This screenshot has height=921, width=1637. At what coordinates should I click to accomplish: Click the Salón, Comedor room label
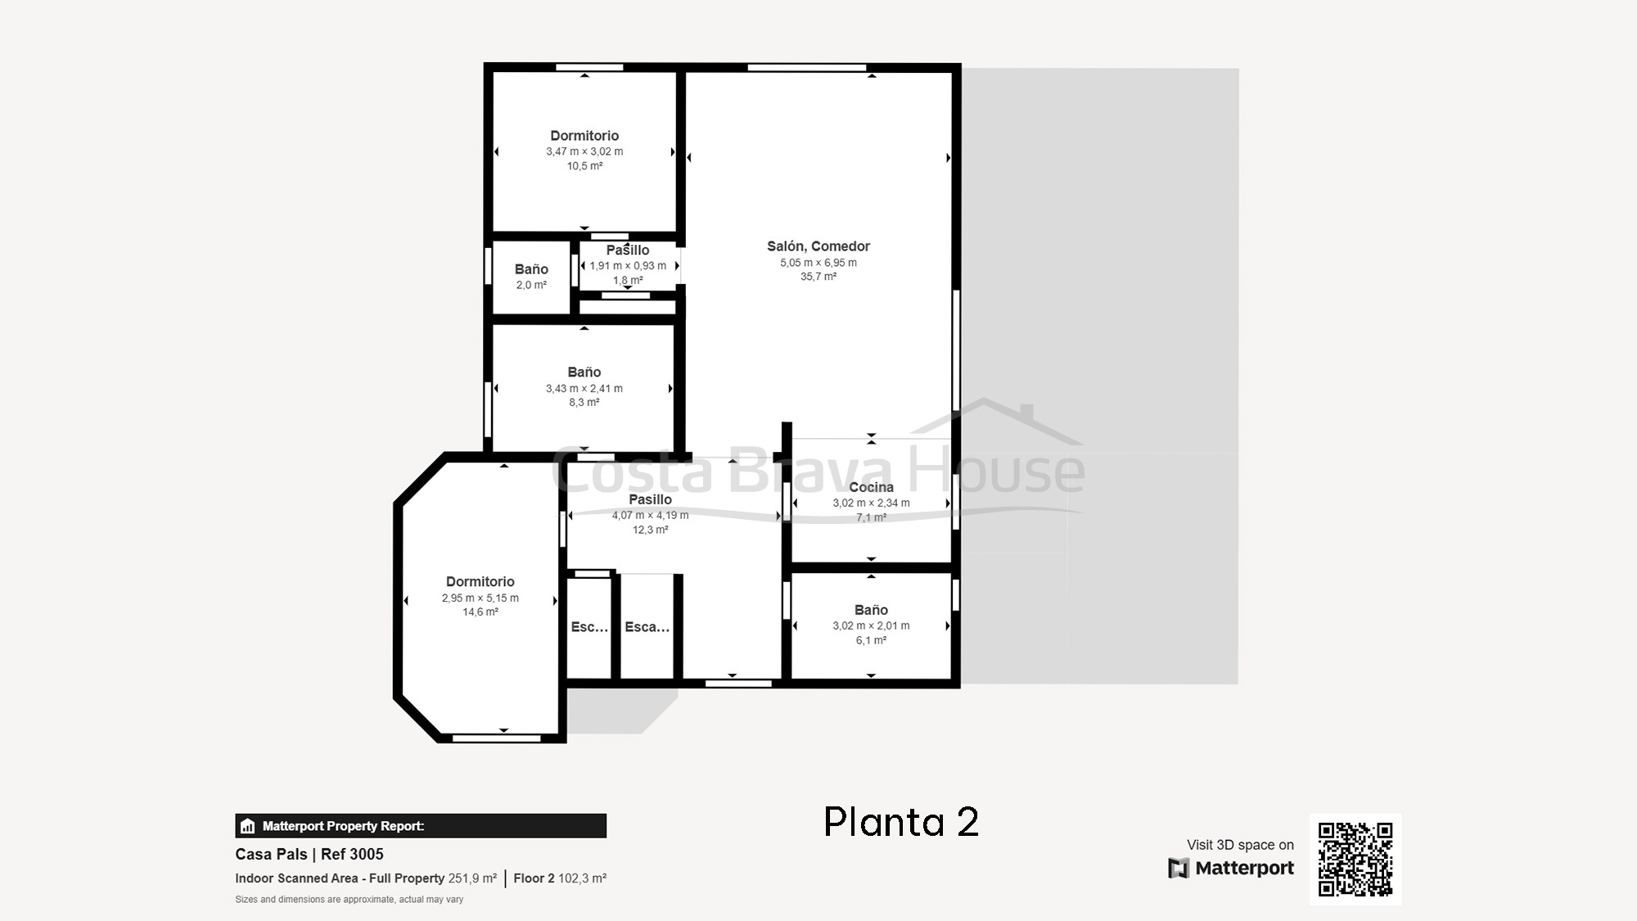pos(818,246)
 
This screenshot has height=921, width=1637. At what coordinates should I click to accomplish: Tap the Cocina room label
pos(871,487)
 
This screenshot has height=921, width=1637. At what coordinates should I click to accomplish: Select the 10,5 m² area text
pos(584,166)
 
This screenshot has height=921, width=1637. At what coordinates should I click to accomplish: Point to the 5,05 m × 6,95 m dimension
pos(818,263)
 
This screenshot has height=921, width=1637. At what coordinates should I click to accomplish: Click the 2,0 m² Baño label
pos(531,269)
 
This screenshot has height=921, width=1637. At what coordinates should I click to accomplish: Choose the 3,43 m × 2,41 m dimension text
pos(584,389)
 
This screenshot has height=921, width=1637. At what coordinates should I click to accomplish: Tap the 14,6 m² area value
pos(480,612)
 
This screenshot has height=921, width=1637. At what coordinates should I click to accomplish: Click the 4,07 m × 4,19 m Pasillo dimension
pos(650,516)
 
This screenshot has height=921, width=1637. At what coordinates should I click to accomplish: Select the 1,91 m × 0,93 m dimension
pos(628,266)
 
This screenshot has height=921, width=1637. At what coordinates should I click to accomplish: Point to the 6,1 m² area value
pos(871,640)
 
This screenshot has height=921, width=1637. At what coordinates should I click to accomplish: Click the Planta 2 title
pos(900,822)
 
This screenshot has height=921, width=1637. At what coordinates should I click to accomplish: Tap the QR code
pos(1355,860)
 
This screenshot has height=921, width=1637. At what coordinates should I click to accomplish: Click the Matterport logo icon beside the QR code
pos(1179,868)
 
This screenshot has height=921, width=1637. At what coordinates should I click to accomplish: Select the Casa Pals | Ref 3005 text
pos(309,855)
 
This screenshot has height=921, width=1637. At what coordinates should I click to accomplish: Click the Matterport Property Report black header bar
pos(421,826)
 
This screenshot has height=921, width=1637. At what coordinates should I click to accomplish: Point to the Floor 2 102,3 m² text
pos(560,878)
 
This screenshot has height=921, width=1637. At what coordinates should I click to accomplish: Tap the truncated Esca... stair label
pos(647,627)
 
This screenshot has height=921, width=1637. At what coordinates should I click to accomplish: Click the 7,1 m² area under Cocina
pos(871,517)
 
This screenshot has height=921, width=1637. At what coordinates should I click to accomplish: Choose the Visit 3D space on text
pos(1240,845)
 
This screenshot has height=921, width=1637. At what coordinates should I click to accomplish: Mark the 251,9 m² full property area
pos(472,878)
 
